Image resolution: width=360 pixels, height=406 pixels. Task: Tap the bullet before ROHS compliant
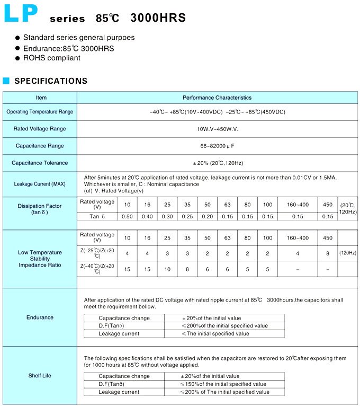click(x=17, y=58)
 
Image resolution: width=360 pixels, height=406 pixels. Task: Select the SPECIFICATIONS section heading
click(x=51, y=81)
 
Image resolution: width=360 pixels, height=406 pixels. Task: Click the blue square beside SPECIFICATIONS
click(x=6, y=81)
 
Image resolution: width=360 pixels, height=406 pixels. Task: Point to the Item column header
click(x=41, y=98)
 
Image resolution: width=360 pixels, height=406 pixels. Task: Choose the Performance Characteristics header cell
click(x=217, y=98)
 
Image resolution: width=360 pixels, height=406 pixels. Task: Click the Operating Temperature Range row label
click(x=40, y=112)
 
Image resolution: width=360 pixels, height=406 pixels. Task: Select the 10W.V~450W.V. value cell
click(x=217, y=129)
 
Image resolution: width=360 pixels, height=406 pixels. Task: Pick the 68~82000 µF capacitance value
click(x=217, y=146)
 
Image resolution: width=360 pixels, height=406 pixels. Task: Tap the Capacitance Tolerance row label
click(x=40, y=163)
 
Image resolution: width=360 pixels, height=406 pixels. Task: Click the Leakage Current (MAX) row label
click(x=40, y=184)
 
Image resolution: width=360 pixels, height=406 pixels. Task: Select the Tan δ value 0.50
click(x=127, y=216)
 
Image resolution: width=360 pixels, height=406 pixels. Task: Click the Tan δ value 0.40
click(x=147, y=216)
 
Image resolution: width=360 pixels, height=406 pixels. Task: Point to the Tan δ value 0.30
click(x=167, y=216)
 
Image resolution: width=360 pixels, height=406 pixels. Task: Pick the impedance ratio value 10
click(x=167, y=269)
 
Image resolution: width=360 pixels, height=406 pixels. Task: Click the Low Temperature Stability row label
click(x=40, y=259)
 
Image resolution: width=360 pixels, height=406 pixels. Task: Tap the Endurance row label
click(x=40, y=317)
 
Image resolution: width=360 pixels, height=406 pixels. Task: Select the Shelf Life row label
click(x=40, y=376)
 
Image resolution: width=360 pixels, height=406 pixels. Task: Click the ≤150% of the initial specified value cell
click(x=224, y=384)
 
